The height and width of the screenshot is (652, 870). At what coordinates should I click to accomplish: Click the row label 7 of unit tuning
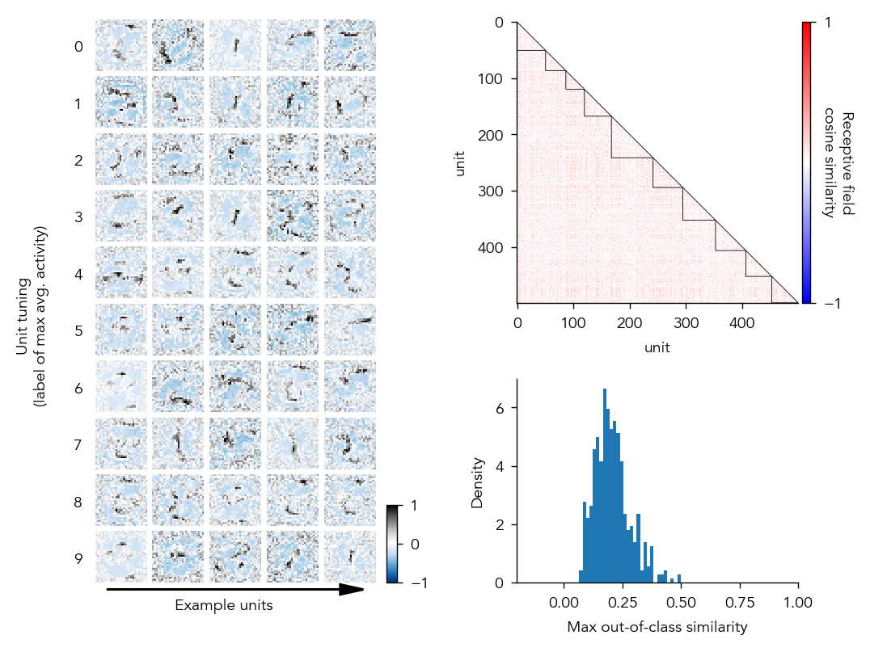pyautogui.click(x=78, y=445)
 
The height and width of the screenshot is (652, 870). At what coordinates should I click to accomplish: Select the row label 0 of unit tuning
pyautogui.click(x=78, y=47)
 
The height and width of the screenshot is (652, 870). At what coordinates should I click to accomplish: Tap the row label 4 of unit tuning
pyautogui.click(x=78, y=275)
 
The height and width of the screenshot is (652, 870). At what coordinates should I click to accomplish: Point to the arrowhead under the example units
pyautogui.click(x=351, y=590)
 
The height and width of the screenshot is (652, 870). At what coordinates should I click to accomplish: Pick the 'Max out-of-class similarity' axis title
pyautogui.click(x=657, y=627)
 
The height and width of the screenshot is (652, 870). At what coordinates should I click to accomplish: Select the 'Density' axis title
pyautogui.click(x=478, y=482)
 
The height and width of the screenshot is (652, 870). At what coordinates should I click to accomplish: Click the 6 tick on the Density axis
pyautogui.click(x=500, y=408)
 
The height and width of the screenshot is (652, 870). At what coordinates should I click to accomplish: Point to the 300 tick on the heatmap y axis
pyautogui.click(x=495, y=191)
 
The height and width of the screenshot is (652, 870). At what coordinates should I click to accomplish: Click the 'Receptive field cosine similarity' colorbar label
pyautogui.click(x=841, y=164)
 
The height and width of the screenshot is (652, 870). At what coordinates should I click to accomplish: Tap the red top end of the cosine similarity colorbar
pyautogui.click(x=806, y=25)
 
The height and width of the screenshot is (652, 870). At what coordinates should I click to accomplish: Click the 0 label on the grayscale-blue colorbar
pyautogui.click(x=415, y=545)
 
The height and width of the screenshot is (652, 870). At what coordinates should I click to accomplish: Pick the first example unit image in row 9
pyautogui.click(x=121, y=557)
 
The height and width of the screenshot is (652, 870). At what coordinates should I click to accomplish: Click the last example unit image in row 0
pyautogui.click(x=350, y=46)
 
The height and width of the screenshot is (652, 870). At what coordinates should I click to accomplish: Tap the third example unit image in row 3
pyautogui.click(x=235, y=217)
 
